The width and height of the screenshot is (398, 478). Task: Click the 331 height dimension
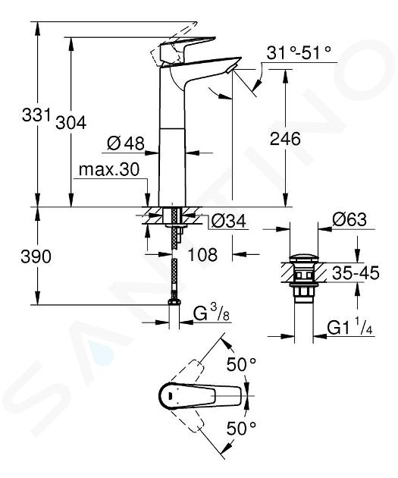tap(36, 115)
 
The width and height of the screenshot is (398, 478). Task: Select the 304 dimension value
tap(71, 123)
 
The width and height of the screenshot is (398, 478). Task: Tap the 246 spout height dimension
tap(285, 139)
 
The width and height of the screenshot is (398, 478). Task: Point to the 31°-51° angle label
tap(299, 53)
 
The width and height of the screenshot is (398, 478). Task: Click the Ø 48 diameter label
tap(126, 143)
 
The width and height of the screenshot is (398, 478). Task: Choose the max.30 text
tap(109, 169)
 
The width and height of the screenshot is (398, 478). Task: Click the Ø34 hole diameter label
tap(228, 221)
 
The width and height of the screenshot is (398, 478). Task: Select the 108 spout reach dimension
tap(202, 254)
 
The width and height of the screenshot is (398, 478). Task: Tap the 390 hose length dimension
tap(36, 256)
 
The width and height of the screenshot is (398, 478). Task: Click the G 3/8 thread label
tap(212, 313)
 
